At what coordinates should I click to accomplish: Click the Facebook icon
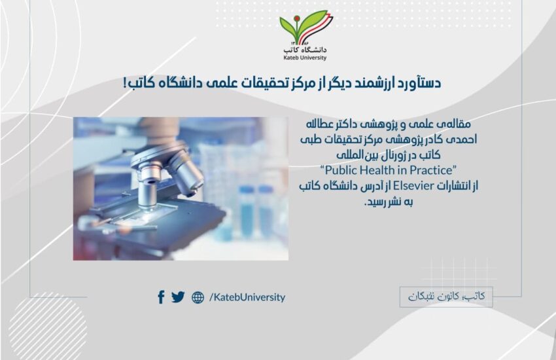[x=161, y=297]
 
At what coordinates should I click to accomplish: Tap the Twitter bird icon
[x=178, y=297]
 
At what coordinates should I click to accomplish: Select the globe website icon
[x=198, y=298]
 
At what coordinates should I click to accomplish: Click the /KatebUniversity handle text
[x=247, y=297]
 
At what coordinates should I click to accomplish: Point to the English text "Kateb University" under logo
[x=305, y=58]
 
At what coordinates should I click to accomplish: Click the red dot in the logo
[x=296, y=18]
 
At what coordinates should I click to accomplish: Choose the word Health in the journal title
[x=377, y=170]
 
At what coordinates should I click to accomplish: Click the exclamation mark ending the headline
[x=125, y=83]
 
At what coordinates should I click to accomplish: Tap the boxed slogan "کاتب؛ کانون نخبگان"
[x=446, y=297]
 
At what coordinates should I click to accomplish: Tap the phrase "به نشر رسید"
[x=389, y=202]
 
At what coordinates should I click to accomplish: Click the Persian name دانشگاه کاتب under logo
[x=305, y=50]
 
